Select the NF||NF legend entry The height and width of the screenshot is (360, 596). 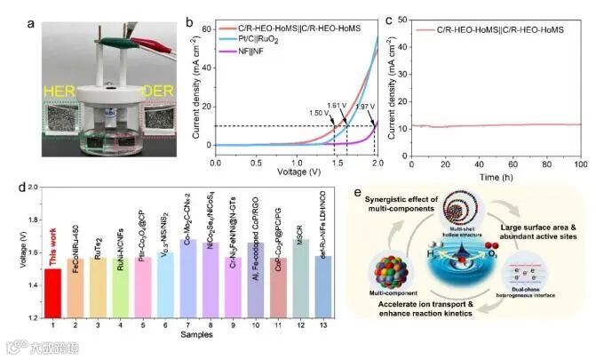(258, 52)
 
